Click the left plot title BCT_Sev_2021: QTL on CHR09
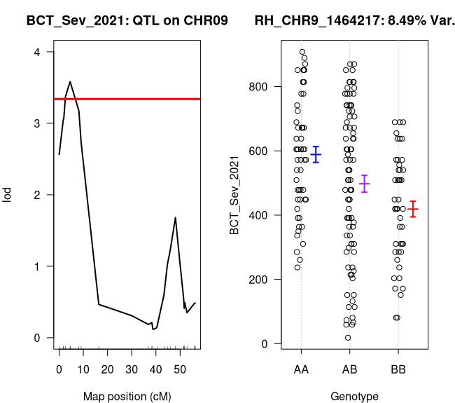click(x=127, y=20)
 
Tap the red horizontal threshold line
click(x=127, y=99)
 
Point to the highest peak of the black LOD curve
click(x=70, y=81)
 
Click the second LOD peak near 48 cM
click(x=175, y=217)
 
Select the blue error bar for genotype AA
click(x=316, y=154)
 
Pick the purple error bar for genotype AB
click(x=364, y=184)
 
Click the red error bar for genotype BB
click(x=413, y=209)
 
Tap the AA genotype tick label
click(x=301, y=369)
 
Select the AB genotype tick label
click(x=349, y=369)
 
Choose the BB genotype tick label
click(x=398, y=369)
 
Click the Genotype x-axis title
click(x=349, y=396)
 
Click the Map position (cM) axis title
click(x=127, y=396)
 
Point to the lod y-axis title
click(x=8, y=194)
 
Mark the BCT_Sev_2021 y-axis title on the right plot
click(x=239, y=194)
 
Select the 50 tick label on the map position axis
click(x=180, y=369)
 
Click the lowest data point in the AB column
click(x=348, y=338)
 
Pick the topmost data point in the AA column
click(x=302, y=52)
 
